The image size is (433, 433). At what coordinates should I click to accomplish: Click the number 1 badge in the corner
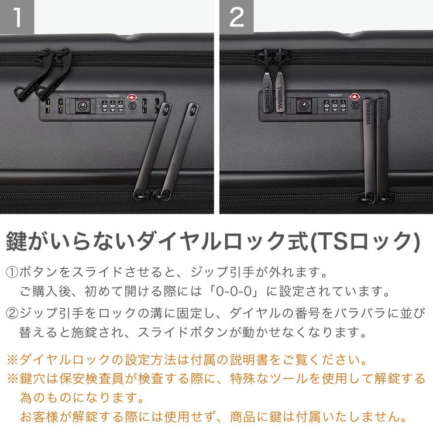tap(17, 17)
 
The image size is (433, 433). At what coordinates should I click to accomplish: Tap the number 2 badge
tap(236, 17)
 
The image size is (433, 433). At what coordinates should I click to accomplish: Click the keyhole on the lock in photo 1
tap(82, 106)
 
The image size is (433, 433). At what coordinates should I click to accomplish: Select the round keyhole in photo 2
tap(303, 106)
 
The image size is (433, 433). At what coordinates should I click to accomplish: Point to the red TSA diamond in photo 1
tap(131, 97)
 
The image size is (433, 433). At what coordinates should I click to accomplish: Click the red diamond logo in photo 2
tap(353, 97)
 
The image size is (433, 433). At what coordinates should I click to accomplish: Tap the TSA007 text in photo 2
tap(334, 95)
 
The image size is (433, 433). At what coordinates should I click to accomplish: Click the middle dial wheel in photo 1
tap(112, 108)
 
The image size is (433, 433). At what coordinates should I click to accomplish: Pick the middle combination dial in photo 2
tap(334, 108)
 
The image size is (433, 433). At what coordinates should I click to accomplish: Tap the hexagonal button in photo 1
tap(132, 108)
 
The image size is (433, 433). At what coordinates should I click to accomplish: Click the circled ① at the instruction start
tap(12, 273)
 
